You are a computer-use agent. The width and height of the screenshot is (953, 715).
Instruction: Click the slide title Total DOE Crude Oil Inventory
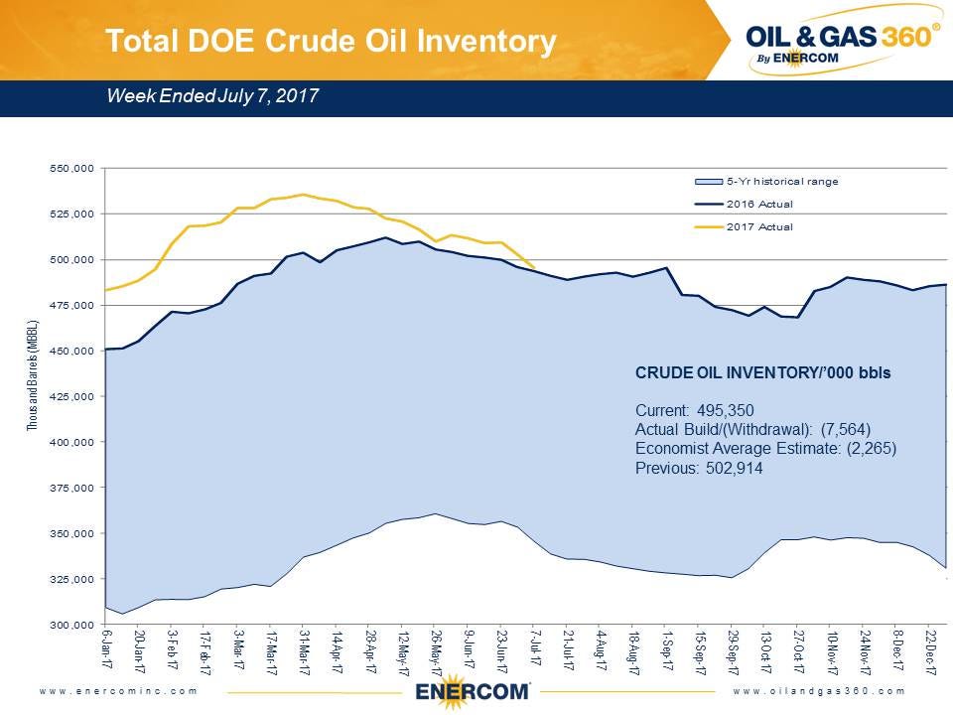click(x=331, y=41)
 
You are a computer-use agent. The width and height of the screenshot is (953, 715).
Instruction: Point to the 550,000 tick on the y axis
click(x=71, y=168)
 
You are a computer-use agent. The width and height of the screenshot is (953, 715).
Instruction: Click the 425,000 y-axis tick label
click(x=71, y=396)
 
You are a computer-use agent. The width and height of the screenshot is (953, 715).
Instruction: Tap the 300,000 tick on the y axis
click(x=71, y=625)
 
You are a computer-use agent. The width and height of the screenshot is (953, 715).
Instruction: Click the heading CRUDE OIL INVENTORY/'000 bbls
click(x=762, y=374)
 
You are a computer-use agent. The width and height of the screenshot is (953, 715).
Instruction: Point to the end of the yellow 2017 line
click(x=535, y=267)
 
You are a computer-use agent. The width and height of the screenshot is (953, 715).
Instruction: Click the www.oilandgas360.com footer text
click(x=820, y=690)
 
